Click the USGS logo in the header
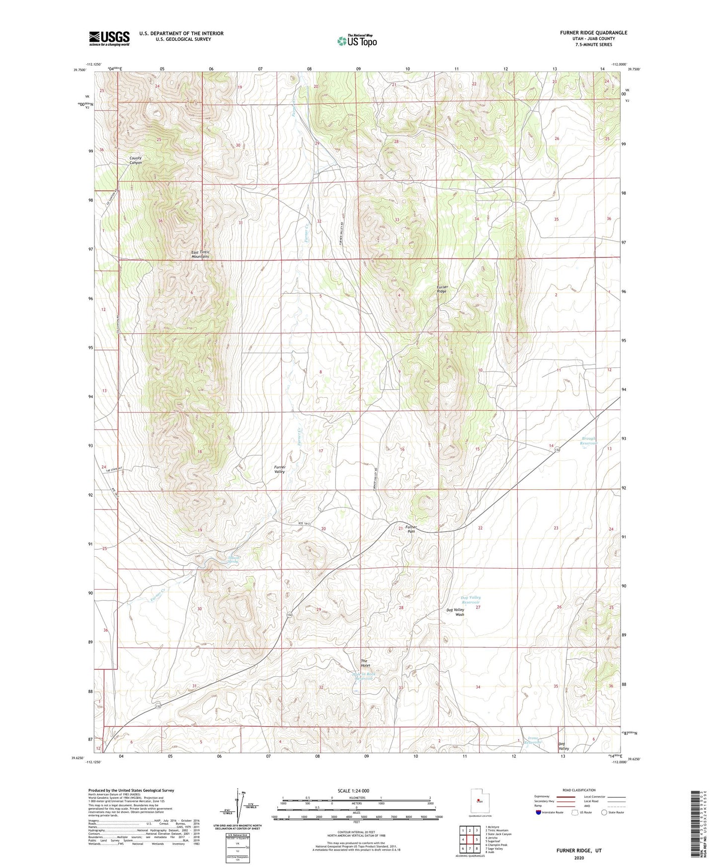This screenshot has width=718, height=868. pyautogui.click(x=109, y=38)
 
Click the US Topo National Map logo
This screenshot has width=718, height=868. pyautogui.click(x=356, y=40)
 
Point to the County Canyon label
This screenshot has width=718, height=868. pyautogui.click(x=132, y=160)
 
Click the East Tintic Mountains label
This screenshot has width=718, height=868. pyautogui.click(x=200, y=255)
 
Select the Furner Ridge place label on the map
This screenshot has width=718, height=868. pyautogui.click(x=442, y=289)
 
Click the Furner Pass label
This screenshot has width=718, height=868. pyautogui.click(x=410, y=529)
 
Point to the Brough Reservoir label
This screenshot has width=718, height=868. pyautogui.click(x=592, y=440)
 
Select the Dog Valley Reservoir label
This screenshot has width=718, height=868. pyautogui.click(x=471, y=600)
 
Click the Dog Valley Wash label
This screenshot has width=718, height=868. pyautogui.click(x=456, y=612)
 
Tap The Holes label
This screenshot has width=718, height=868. pyautogui.click(x=366, y=663)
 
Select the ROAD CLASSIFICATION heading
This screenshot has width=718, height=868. pyautogui.click(x=579, y=790)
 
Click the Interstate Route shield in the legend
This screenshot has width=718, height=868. pyautogui.click(x=539, y=813)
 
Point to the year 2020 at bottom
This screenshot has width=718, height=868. pyautogui.click(x=579, y=858)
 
